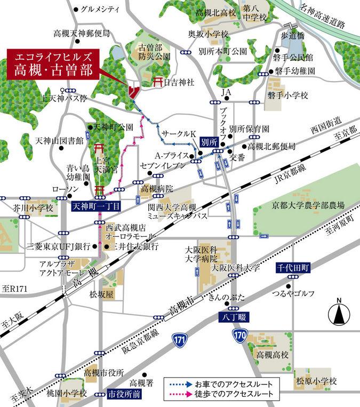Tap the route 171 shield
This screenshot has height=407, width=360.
click(x=181, y=339)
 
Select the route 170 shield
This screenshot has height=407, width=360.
click(x=239, y=334)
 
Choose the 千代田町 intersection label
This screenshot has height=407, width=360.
click(x=292, y=267)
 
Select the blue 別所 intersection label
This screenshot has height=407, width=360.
click(x=209, y=142)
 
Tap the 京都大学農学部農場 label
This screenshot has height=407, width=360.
click(x=306, y=205)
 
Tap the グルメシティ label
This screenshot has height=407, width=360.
click(x=99, y=9)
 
